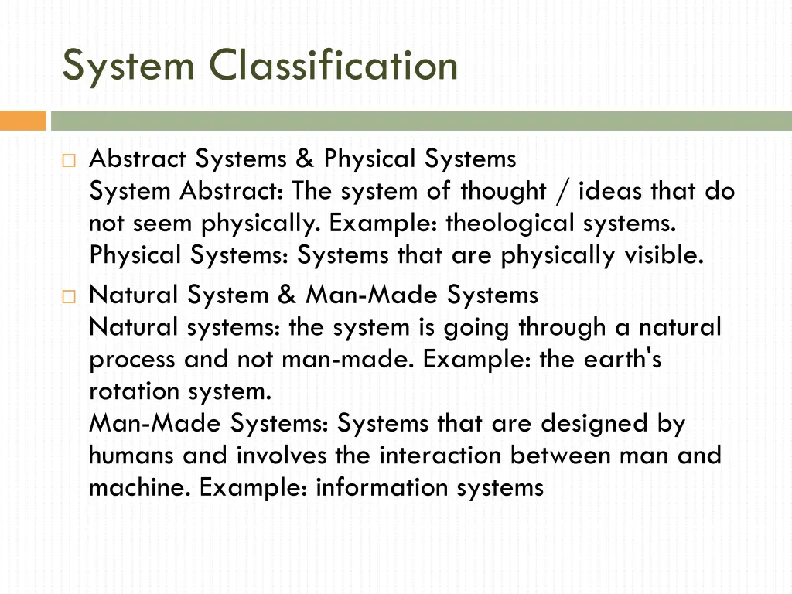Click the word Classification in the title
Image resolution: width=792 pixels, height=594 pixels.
pyautogui.click(x=334, y=65)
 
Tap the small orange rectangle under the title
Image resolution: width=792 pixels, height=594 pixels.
pyautogui.click(x=23, y=121)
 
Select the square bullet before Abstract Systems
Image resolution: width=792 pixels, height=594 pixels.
pyautogui.click(x=68, y=161)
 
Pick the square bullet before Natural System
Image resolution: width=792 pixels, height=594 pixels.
pyautogui.click(x=68, y=296)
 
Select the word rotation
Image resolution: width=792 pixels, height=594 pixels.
pyautogui.click(x=135, y=391)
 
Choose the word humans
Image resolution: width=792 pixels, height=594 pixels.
pyautogui.click(x=131, y=456)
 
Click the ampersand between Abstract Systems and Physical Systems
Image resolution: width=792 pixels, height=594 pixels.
pyautogui.click(x=305, y=159)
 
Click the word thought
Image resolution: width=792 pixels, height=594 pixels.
pyautogui.click(x=504, y=191)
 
